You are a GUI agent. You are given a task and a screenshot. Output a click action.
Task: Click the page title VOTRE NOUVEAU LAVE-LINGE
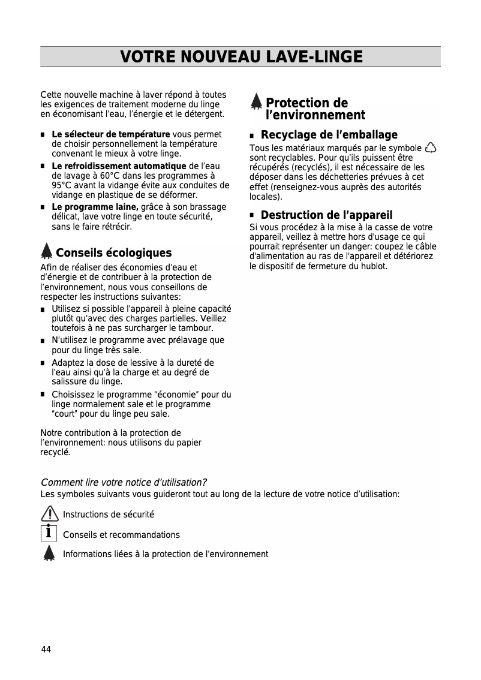click(x=241, y=57)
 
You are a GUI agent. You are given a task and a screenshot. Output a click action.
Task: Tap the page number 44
click(x=46, y=649)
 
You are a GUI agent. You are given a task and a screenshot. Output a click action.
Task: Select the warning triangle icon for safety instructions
click(x=49, y=513)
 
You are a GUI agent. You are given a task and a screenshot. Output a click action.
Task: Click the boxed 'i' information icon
click(x=49, y=533)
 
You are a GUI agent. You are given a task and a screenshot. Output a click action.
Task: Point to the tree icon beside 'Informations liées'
click(x=49, y=553)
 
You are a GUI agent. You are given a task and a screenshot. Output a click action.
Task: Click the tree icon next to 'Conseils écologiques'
click(x=47, y=252)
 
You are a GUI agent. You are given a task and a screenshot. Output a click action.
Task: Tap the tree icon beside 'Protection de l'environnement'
click(x=256, y=103)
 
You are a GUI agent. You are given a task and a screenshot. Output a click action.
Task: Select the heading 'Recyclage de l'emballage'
click(x=329, y=135)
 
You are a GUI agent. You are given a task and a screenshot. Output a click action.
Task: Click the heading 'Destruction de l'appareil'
click(x=326, y=215)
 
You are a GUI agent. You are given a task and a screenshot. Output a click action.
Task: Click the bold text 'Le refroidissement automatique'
click(x=119, y=166)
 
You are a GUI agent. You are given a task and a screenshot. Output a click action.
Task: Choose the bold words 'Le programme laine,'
click(x=95, y=207)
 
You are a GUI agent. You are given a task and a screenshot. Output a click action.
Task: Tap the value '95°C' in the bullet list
click(x=62, y=185)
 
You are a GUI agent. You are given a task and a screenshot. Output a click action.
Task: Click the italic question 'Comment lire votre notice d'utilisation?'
click(x=124, y=482)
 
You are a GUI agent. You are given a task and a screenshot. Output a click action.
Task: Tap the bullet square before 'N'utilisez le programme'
click(x=43, y=341)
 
